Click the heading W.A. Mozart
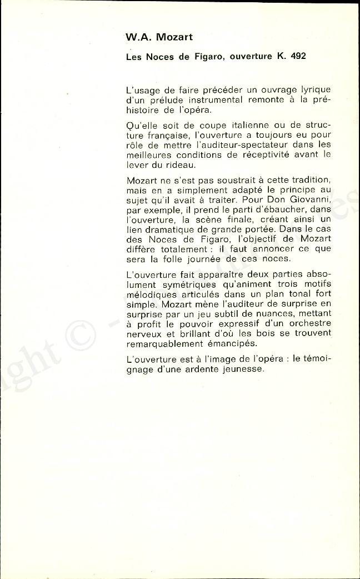tap(159, 37)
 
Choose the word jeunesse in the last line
tap(237, 369)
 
